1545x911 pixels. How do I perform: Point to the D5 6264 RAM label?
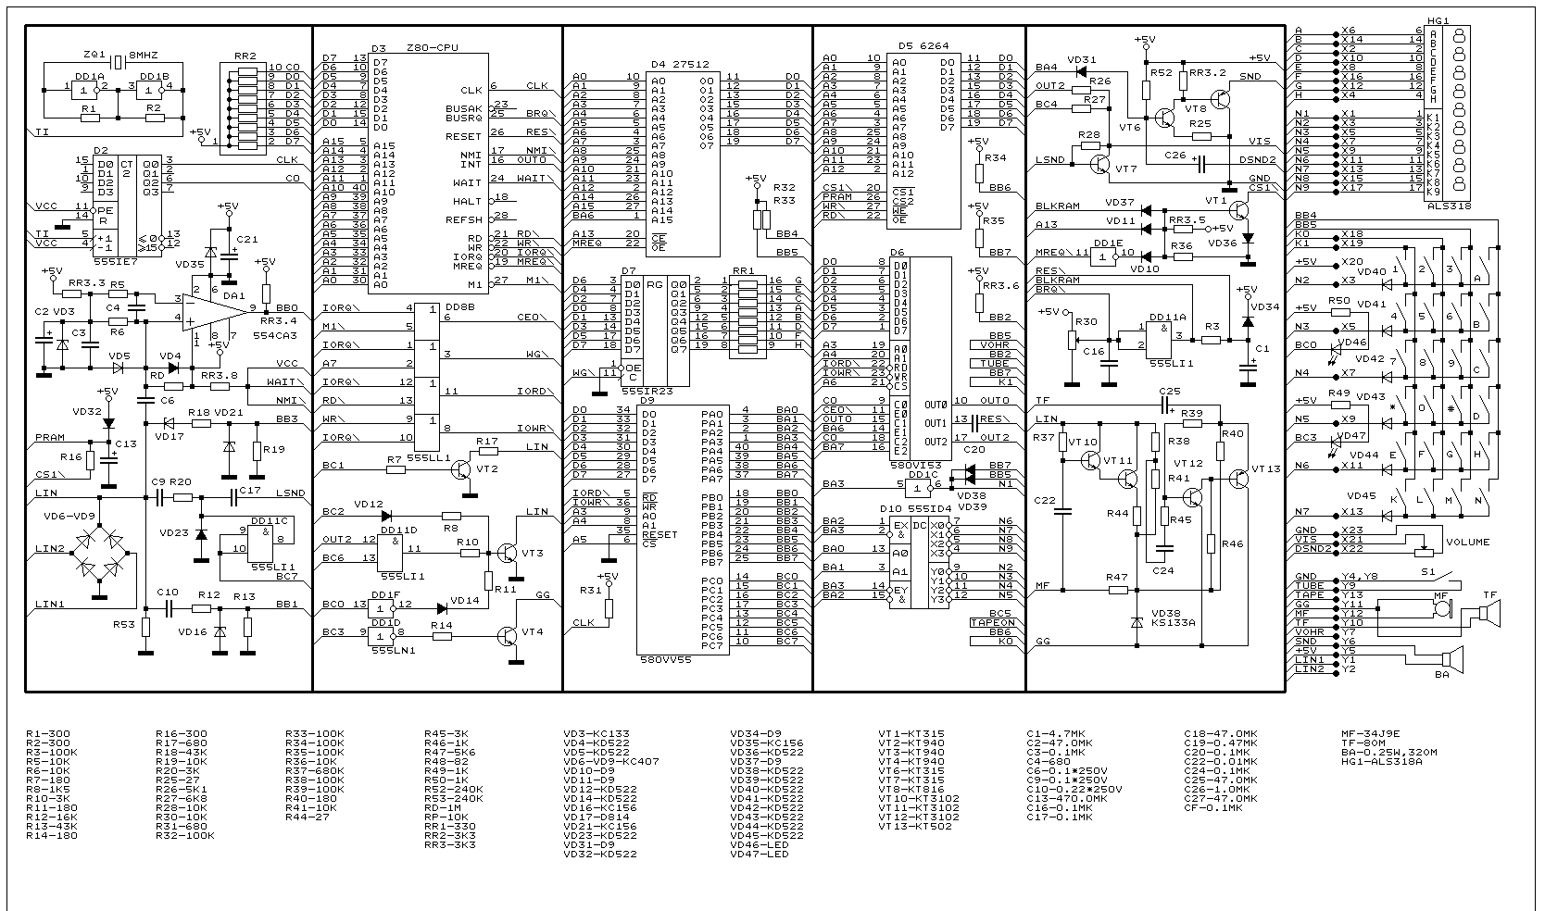point(924,45)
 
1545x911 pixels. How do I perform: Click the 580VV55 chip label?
point(666,661)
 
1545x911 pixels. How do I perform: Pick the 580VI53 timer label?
point(915,466)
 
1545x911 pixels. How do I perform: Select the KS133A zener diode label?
point(1173,623)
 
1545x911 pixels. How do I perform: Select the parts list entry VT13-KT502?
point(918,826)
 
